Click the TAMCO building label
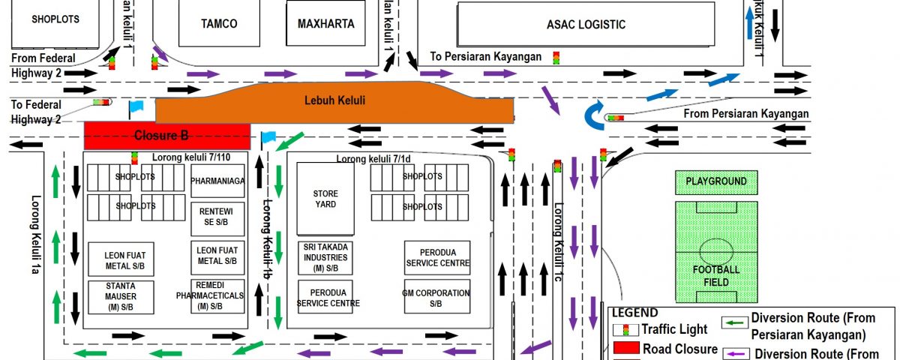click(x=219, y=24)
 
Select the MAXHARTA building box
click(x=325, y=24)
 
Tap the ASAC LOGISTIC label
click(x=586, y=24)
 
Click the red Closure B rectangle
click(x=166, y=136)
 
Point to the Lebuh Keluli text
click(x=335, y=100)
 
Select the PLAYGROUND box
click(x=716, y=181)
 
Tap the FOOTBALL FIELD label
click(x=715, y=274)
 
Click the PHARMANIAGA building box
click(x=218, y=181)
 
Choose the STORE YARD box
click(x=325, y=199)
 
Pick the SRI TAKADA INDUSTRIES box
click(x=325, y=257)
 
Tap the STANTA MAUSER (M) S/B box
click(x=121, y=296)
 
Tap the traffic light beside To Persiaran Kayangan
click(x=556, y=57)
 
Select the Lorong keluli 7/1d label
click(x=373, y=158)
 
